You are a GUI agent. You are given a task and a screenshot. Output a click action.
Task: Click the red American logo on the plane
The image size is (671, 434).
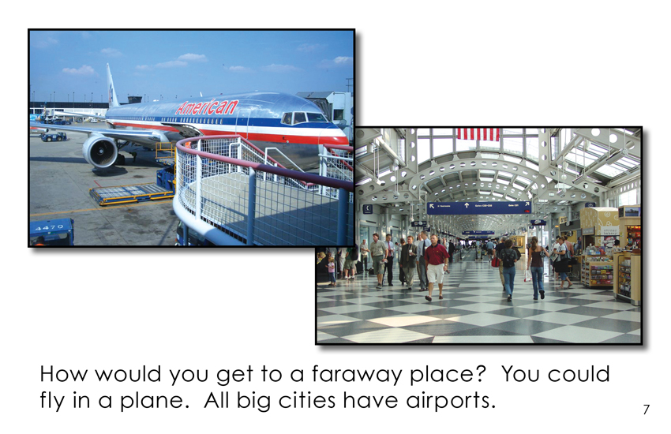(x=207, y=107)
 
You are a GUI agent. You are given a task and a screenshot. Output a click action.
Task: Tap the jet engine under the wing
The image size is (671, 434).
(x=100, y=151)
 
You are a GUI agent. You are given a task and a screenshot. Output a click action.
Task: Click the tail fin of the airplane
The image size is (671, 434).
(x=112, y=85)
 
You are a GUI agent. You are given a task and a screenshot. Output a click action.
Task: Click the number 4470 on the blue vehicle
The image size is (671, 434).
(x=48, y=227)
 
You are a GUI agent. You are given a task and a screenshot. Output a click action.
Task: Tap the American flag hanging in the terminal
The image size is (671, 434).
(x=478, y=134)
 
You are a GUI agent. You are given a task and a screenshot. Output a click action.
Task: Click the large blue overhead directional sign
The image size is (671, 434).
(x=479, y=208)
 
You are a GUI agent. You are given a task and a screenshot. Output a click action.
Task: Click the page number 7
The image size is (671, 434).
(x=647, y=410)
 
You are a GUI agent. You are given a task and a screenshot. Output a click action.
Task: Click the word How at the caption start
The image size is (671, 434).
(x=64, y=374)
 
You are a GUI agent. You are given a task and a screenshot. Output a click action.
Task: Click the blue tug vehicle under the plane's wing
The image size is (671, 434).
(x=54, y=137)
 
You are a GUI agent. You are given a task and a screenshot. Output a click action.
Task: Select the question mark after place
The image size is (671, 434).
(x=481, y=373)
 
